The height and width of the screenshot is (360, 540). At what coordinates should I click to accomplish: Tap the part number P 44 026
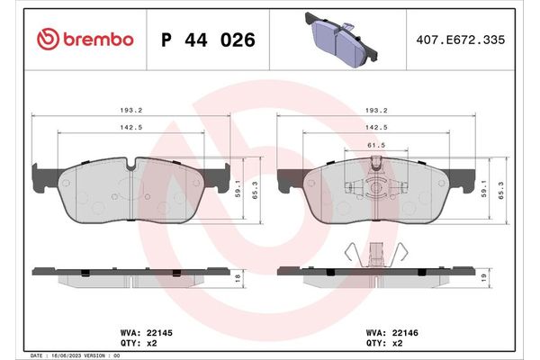pyautogui.click(x=207, y=40)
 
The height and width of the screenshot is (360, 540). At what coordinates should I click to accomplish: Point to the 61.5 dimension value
pyautogui.click(x=376, y=145)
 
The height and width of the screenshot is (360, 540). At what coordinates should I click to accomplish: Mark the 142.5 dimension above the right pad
pyautogui.click(x=376, y=128)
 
